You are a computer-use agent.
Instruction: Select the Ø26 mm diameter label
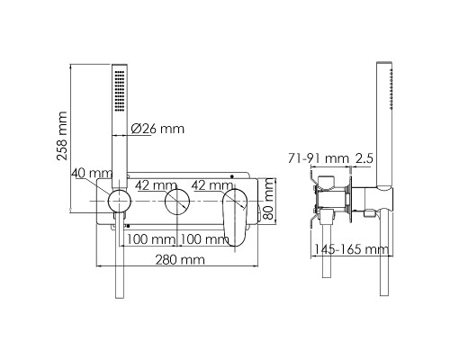coord(157,129)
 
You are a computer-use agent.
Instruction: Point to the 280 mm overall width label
coord(178,259)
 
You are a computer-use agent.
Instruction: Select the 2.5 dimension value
coord(364,158)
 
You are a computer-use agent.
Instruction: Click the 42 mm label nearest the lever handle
coord(212,185)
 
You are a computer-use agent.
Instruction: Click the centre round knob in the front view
coord(178,203)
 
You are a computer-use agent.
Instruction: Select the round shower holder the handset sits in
coord(116,202)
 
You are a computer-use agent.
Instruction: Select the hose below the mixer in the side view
coord(385,270)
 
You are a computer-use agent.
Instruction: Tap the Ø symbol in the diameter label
coord(136,129)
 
